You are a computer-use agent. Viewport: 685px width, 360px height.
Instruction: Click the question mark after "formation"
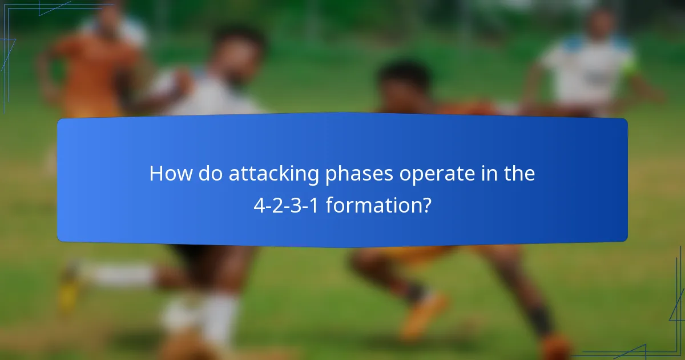point(425,205)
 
